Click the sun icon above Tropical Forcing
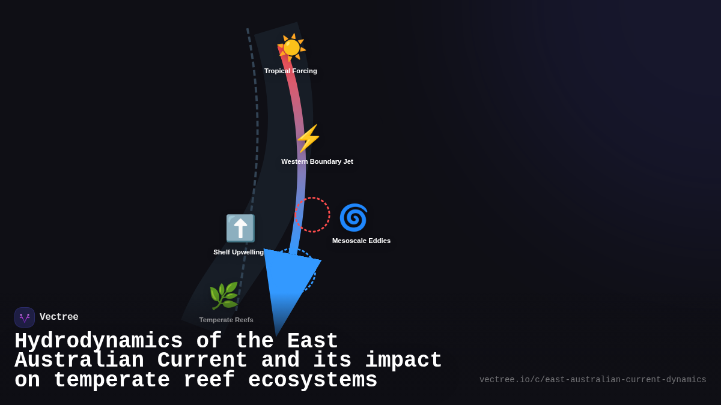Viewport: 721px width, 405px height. tap(291, 47)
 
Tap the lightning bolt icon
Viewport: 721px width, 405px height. tap(308, 139)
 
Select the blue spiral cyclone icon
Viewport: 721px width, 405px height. tap(353, 217)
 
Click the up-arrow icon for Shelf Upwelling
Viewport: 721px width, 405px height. tap(240, 228)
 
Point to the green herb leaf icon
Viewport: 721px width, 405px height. tap(224, 296)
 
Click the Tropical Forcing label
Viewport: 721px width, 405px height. tap(291, 71)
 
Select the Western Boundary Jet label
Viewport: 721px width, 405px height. tap(317, 161)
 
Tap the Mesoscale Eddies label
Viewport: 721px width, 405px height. tap(361, 241)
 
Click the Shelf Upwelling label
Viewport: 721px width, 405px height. tap(239, 252)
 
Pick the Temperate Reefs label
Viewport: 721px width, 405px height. tap(226, 320)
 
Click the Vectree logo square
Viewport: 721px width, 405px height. tap(25, 317)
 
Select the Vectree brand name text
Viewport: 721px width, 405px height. tap(59, 317)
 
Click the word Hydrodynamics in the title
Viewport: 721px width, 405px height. tap(99, 341)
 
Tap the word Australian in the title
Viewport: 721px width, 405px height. tap(79, 361)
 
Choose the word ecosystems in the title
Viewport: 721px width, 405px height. tap(312, 380)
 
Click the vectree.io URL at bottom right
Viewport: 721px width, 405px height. tap(592, 380)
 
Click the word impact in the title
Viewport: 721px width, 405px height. tap(403, 361)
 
